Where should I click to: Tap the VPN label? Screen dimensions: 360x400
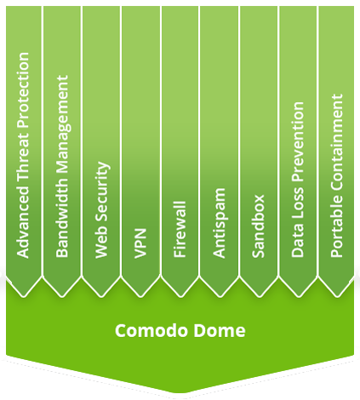click(x=140, y=243)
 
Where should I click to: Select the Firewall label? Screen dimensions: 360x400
click(x=180, y=230)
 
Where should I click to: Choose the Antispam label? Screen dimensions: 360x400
click(x=219, y=223)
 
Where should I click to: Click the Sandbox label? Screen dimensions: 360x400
click(x=258, y=226)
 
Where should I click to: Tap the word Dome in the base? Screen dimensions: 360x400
click(x=220, y=330)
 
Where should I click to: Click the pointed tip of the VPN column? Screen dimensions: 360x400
click(x=140, y=297)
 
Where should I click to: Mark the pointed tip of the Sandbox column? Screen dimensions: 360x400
click(x=259, y=297)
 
